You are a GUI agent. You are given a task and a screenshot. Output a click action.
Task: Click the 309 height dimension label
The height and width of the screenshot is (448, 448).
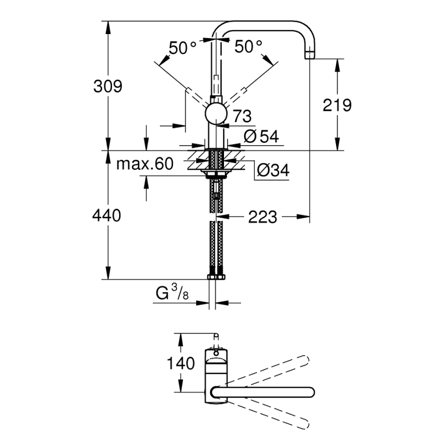point(107,86)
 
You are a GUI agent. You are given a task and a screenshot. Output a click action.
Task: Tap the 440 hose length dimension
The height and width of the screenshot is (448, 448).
point(107,215)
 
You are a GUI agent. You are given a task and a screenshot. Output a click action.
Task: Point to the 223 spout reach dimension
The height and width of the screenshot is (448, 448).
point(262,217)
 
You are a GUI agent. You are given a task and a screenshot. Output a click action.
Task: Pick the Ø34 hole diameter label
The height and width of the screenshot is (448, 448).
point(273,170)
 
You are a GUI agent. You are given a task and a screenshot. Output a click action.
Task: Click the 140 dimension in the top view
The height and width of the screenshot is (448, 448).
point(180,363)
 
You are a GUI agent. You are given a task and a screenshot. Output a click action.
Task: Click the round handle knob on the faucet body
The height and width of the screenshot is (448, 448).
point(216,114)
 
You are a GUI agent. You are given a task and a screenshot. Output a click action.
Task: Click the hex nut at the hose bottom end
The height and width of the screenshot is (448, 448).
point(216,277)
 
